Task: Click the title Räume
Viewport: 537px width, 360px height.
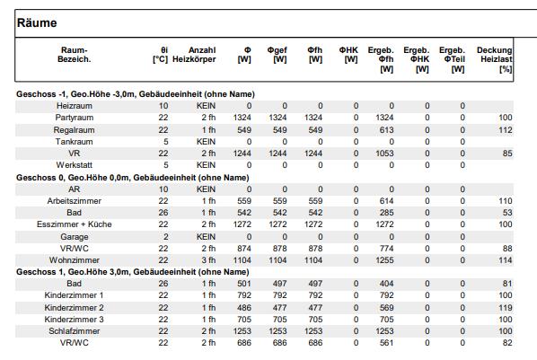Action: point(37,23)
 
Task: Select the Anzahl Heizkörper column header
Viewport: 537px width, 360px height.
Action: point(194,55)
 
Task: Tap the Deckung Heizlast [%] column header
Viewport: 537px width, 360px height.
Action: point(495,59)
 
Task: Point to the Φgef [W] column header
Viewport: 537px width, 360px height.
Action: point(277,55)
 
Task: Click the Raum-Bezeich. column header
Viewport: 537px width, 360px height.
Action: point(75,55)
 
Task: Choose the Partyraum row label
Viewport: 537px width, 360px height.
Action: point(75,118)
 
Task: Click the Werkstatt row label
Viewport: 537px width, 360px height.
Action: point(75,165)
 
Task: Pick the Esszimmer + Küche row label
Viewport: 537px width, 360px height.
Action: point(75,224)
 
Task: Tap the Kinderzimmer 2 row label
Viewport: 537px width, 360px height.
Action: point(74,308)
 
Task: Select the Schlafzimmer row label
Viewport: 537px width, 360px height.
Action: point(75,331)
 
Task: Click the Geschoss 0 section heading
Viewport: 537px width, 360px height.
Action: point(133,178)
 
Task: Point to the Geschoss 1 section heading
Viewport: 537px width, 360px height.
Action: point(133,272)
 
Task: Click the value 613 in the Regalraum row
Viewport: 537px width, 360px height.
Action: point(387,130)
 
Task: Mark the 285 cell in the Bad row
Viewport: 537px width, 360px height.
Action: point(387,213)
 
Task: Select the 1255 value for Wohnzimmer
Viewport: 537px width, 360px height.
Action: point(384,260)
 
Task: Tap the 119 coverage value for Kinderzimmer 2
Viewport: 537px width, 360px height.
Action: point(506,308)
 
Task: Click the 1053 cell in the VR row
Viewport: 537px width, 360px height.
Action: point(384,154)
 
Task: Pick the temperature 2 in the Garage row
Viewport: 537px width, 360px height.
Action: point(166,237)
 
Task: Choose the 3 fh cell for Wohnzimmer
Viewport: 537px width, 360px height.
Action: point(208,260)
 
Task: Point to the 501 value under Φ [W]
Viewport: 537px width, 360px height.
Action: point(244,284)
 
